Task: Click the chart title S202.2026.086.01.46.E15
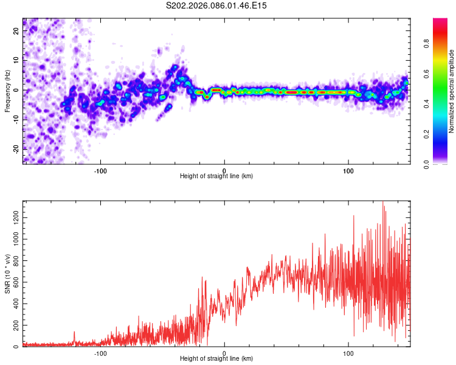click(217, 5)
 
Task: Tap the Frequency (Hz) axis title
click(7, 91)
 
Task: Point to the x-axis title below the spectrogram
click(216, 176)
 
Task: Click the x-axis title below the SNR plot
click(216, 360)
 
